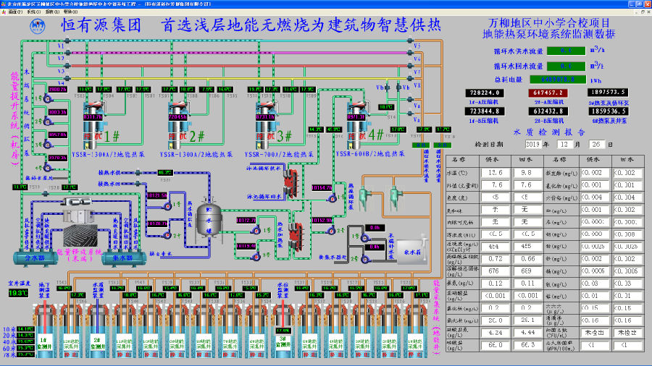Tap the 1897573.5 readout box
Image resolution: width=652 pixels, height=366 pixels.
(x=609, y=93)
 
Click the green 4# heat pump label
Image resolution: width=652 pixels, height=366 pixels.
(x=376, y=135)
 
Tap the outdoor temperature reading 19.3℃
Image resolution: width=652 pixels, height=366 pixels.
(x=16, y=293)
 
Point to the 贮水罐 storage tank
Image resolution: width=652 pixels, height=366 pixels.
(x=208, y=218)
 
